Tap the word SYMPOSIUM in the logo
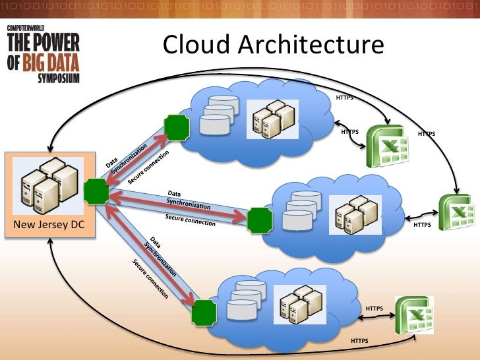point(58,77)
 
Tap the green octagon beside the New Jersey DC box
point(96,191)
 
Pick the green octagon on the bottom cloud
point(204,313)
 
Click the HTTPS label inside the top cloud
point(344,98)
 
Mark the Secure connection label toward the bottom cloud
point(150,279)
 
